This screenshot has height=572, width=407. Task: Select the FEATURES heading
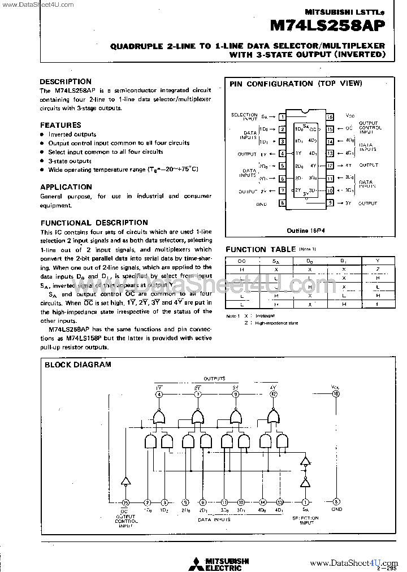point(60,125)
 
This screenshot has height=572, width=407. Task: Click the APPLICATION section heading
point(66,187)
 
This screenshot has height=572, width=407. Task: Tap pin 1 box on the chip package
point(282,118)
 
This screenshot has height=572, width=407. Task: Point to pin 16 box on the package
point(331,117)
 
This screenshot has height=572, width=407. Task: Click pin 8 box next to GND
point(282,203)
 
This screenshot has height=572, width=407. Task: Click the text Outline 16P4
point(306,231)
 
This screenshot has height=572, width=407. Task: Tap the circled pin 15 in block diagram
point(125,501)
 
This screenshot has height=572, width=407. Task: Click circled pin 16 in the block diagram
point(336,394)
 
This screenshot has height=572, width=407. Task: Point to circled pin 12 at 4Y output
point(274,394)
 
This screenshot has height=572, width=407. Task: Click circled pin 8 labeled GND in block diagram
point(336,501)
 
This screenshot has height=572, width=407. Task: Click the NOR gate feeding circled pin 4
point(159,418)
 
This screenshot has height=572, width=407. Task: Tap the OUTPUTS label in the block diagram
point(214,378)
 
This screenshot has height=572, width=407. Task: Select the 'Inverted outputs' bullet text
point(72,135)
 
